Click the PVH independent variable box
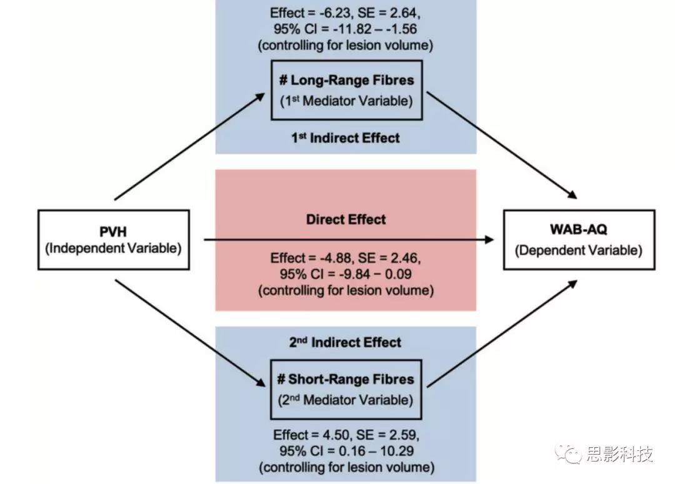point(113,240)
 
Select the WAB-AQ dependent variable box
point(579,240)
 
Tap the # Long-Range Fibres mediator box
point(346,90)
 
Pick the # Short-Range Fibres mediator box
point(346,389)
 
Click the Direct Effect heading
point(346,219)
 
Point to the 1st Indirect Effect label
point(346,138)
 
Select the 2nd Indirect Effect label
point(346,342)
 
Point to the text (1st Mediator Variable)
point(346,101)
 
